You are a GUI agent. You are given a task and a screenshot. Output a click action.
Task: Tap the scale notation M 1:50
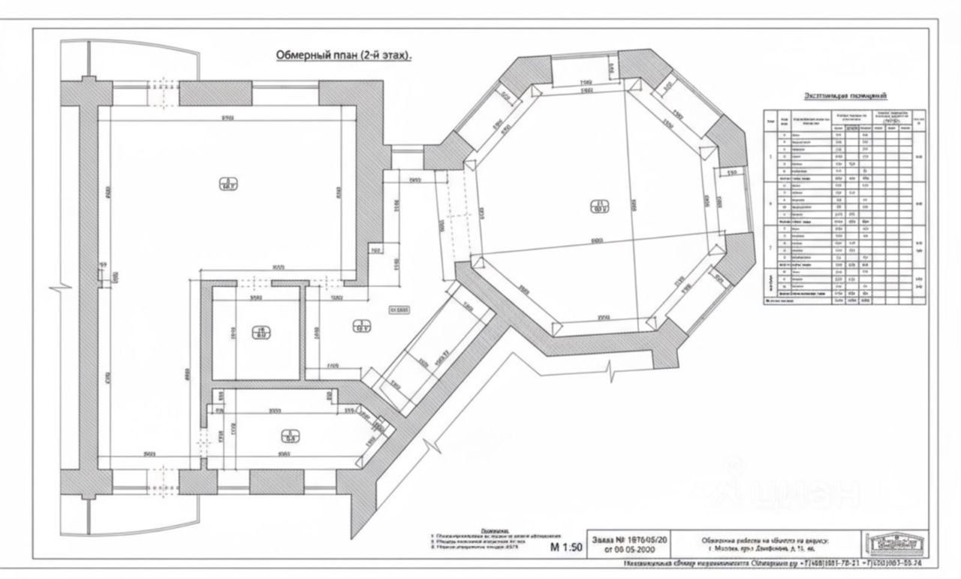[x=566, y=547]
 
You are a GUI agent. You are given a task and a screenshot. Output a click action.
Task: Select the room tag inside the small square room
[x=261, y=332]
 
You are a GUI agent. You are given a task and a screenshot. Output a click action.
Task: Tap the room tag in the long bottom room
[x=291, y=435]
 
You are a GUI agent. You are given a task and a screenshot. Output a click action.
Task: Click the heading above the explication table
[x=845, y=96]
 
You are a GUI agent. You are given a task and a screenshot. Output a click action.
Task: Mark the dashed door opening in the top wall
[x=158, y=93]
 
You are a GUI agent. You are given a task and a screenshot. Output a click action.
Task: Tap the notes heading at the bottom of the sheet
[x=496, y=530]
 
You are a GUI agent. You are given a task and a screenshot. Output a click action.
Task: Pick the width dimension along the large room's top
[x=225, y=118]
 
